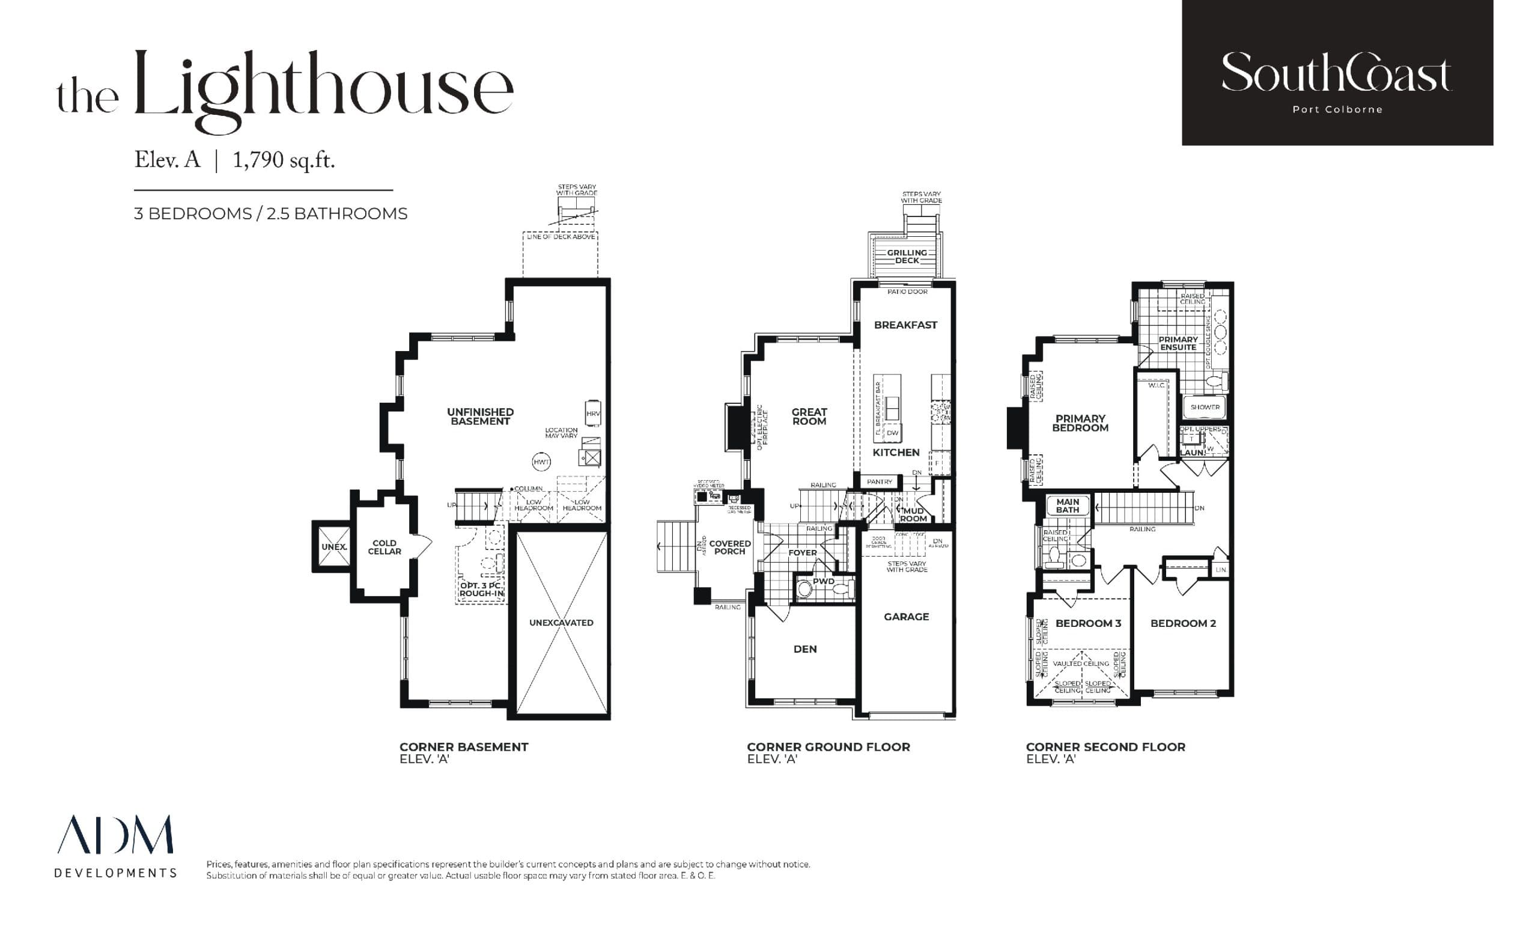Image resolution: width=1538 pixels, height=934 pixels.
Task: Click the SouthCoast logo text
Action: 1336,74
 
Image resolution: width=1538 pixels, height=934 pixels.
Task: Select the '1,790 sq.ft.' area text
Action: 284,160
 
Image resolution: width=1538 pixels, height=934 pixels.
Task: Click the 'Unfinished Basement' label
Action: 480,417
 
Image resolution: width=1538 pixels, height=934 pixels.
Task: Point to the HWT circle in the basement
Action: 541,462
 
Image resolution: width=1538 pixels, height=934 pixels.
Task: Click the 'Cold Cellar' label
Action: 384,547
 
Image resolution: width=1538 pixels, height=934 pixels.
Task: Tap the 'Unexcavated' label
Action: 561,623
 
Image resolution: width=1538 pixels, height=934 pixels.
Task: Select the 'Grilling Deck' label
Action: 907,257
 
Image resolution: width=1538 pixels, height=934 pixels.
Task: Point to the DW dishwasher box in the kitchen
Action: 893,433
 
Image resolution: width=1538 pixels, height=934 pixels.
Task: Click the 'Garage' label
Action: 907,617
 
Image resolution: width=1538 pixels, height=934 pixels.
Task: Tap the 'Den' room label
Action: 805,649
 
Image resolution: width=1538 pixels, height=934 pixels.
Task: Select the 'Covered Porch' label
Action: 730,548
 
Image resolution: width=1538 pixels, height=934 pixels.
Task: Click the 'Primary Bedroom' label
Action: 1080,423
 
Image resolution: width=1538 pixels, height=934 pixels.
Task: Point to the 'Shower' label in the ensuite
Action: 1205,407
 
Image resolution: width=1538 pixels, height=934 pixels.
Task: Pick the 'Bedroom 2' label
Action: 1183,623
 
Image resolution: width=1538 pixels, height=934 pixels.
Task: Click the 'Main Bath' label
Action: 1068,505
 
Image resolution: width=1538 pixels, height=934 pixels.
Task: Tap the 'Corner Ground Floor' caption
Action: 828,746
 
